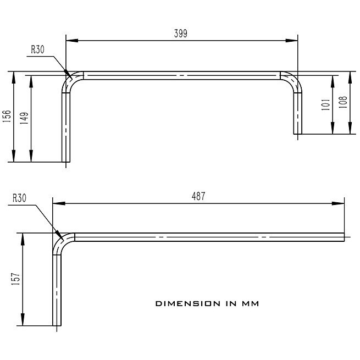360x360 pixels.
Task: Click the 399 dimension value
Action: pos(180,34)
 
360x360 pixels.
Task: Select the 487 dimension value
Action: pos(198,196)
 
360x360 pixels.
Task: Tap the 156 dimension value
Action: pos(7,117)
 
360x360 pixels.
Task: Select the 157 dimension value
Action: pos(16,279)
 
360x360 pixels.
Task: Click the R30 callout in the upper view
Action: pos(37,49)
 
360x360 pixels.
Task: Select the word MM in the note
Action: pos(251,303)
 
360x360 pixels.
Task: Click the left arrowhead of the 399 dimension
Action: pos(69,40)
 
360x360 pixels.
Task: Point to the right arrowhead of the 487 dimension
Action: pos(341,203)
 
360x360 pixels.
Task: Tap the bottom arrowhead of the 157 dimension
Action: pos(23,323)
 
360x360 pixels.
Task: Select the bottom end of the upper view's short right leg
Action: pos(297,133)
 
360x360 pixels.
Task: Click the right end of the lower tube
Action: pos(344,237)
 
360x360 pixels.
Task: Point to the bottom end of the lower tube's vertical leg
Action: pos(57,325)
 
